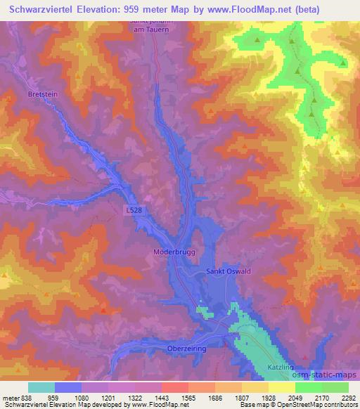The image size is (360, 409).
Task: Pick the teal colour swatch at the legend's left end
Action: tap(41, 387)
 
